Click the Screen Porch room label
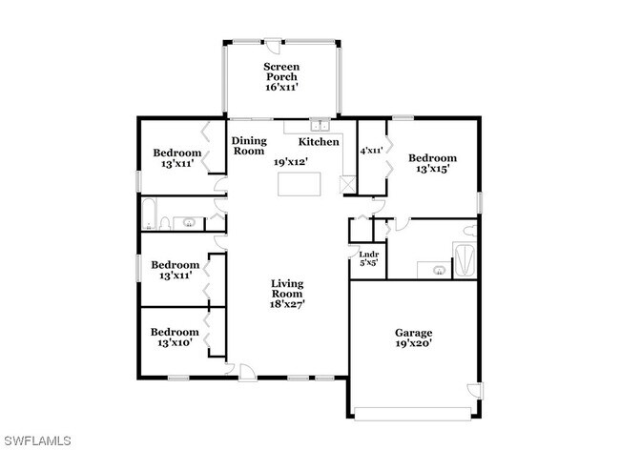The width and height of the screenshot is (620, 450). click(281, 72)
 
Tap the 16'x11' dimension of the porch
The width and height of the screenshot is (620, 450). click(281, 88)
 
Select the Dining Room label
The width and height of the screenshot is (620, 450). click(249, 146)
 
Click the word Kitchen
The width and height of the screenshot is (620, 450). click(319, 142)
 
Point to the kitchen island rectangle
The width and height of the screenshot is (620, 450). click(299, 184)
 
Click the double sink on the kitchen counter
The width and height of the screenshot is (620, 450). click(320, 125)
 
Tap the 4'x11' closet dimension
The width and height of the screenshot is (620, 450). click(372, 151)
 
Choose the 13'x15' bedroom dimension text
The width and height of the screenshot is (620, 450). click(433, 169)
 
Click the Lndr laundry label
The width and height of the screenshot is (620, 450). click(369, 255)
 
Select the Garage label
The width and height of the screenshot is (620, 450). click(414, 333)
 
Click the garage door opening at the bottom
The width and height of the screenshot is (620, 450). click(413, 414)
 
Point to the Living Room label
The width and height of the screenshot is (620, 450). click(287, 289)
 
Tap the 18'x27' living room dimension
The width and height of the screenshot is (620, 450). click(287, 304)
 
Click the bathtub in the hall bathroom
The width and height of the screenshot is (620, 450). click(149, 214)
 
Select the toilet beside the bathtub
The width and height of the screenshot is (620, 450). click(165, 223)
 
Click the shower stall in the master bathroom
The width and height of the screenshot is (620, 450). click(465, 261)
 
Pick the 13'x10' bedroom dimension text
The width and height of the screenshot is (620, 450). click(176, 342)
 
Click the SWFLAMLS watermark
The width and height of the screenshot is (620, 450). click(38, 440)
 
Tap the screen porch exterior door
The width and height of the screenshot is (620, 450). click(273, 45)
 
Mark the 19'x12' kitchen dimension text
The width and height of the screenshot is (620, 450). click(291, 161)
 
